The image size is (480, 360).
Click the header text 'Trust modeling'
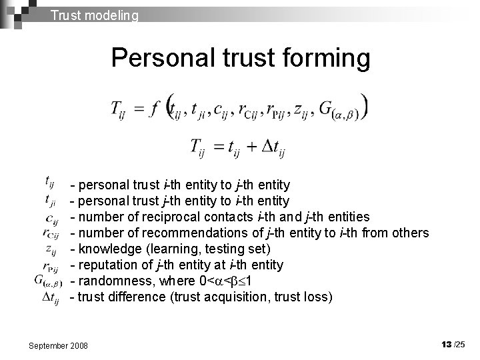[95, 14]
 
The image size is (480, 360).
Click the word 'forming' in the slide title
[321, 58]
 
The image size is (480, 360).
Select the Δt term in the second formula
[273, 148]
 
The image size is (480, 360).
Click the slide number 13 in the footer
[446, 343]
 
